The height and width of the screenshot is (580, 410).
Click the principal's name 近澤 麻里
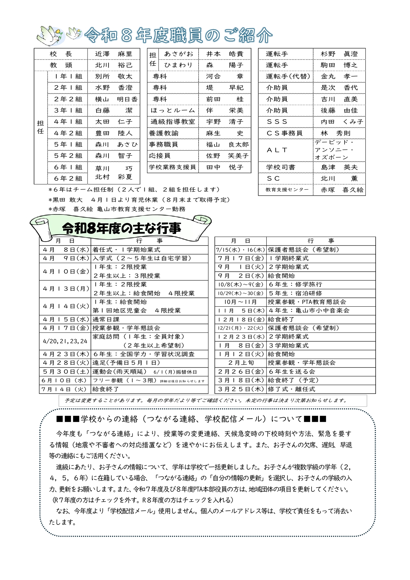tap(113, 54)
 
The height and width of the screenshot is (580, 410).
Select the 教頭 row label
tap(61, 65)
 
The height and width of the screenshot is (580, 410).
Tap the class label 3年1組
tap(68, 110)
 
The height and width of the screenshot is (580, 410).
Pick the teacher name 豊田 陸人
tap(113, 133)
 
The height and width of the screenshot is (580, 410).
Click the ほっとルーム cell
tap(173, 110)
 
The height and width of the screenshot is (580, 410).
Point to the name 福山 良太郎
tap(227, 144)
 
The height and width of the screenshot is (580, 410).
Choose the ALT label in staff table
tap(277, 150)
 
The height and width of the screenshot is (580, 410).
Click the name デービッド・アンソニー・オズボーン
tap(334, 150)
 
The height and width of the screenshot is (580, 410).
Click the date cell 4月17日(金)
tap(65, 328)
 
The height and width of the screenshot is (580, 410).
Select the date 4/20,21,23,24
tap(65, 341)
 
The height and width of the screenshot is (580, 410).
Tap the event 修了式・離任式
tap(291, 389)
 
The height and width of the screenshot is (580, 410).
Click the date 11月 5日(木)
tap(241, 311)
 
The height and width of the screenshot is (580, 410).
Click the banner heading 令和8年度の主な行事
tap(121, 228)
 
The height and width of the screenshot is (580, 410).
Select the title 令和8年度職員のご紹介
tap(178, 35)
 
